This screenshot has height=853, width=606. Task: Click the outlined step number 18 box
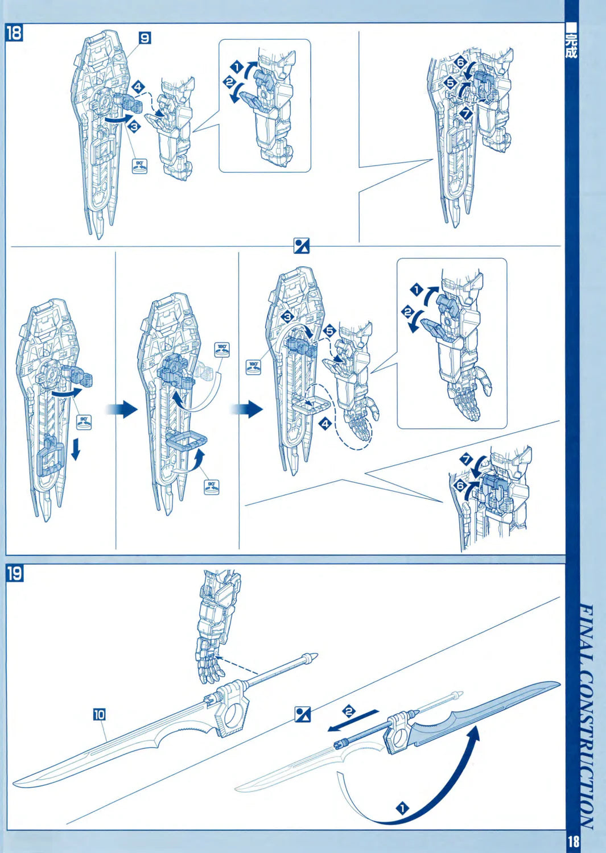coord(14,33)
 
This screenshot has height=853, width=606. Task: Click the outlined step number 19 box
coord(14,574)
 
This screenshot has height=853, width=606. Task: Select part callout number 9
coord(145,38)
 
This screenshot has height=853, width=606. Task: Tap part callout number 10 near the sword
coord(99,715)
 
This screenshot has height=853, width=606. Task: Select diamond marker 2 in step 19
coord(348,711)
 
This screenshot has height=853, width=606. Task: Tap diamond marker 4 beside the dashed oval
coord(325,424)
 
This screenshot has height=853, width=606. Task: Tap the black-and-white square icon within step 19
coord(303,715)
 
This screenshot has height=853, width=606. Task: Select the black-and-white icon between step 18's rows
coord(302,246)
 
